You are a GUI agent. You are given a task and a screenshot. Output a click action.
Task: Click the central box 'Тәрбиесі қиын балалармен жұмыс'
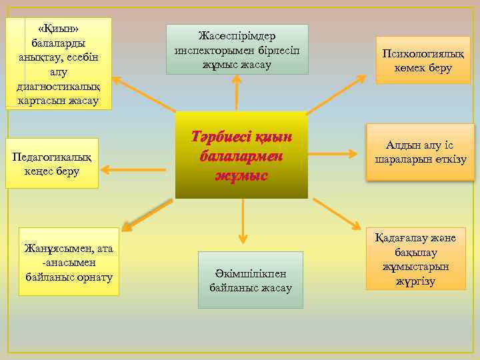(x=241, y=155)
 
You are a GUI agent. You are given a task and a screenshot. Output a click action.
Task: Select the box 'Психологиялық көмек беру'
(x=423, y=60)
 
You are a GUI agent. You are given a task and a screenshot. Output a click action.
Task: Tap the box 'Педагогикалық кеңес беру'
(x=51, y=163)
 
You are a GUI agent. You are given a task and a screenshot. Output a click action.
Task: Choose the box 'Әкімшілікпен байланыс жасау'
(x=250, y=280)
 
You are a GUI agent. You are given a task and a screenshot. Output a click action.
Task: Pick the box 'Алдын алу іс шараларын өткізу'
(x=420, y=153)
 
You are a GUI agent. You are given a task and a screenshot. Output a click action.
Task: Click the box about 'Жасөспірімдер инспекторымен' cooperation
(x=237, y=49)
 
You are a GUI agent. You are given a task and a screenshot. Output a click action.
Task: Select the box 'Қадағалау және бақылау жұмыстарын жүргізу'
(x=415, y=259)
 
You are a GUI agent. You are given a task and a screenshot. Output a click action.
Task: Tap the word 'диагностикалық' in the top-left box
(x=59, y=89)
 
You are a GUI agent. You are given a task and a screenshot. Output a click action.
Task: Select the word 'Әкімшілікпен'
(x=251, y=273)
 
